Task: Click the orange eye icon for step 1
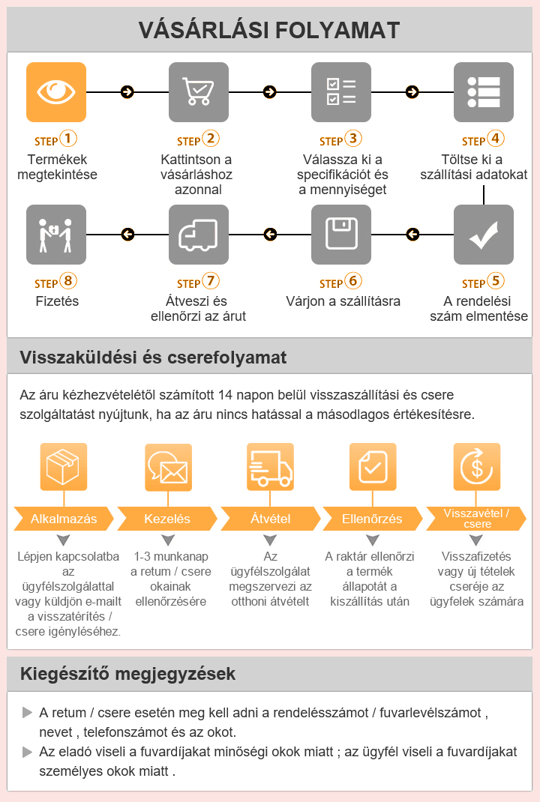56,92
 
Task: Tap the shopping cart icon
199,92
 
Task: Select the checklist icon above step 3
341,92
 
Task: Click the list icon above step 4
484,92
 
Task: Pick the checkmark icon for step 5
484,235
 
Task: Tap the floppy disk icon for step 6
341,235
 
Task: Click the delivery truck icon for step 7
199,235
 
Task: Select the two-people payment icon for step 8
56,235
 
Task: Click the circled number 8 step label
68,282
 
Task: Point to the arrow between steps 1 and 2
127,92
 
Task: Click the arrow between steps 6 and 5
412,235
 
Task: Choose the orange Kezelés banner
166,519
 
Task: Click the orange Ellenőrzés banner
371,519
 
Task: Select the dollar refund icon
476,466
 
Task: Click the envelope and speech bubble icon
167,466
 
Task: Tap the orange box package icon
64,466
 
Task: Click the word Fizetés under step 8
57,301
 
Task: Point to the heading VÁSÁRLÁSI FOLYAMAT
269,30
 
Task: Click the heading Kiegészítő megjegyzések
128,674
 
